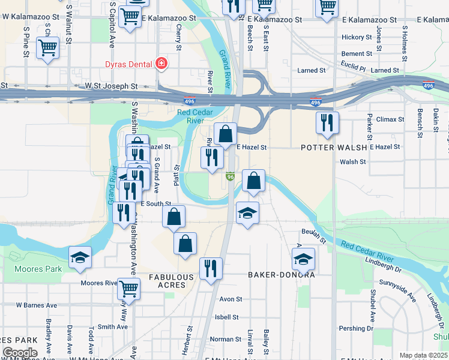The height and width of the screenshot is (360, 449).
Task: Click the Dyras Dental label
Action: [128, 63]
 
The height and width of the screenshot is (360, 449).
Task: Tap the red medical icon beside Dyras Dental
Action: [161, 63]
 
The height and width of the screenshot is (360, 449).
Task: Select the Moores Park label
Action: [38, 269]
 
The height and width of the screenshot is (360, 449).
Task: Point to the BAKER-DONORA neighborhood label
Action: [282, 274]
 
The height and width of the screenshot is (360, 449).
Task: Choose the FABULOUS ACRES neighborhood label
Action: [171, 281]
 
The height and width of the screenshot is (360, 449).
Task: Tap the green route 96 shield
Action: [230, 176]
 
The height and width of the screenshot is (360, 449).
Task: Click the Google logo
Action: [19, 352]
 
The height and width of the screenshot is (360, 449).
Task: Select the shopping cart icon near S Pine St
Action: [47, 47]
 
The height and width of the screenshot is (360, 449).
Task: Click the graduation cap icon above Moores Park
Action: [80, 257]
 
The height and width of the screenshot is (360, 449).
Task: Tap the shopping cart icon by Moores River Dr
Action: [128, 288]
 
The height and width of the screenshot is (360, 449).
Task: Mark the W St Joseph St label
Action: [111, 86]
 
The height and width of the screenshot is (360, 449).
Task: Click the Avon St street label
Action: [231, 299]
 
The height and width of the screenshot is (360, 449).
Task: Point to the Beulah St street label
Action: [313, 235]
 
